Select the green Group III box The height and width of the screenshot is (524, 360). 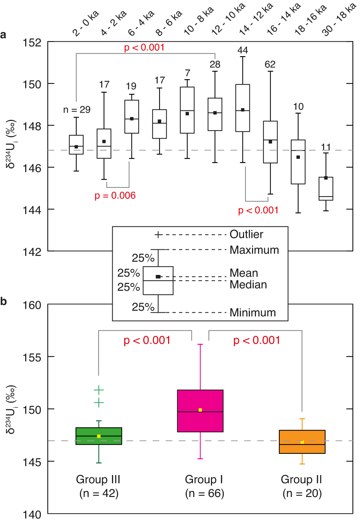(x=99, y=436)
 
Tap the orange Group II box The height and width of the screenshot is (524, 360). (x=302, y=442)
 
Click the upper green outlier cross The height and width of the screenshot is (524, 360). (x=99, y=390)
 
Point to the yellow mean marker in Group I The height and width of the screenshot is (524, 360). (x=200, y=410)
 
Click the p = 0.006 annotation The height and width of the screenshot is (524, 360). (x=115, y=195)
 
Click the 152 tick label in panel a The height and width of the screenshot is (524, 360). (x=32, y=43)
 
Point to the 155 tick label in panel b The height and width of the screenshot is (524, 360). (x=32, y=357)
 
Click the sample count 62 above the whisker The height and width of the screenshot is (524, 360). (x=270, y=64)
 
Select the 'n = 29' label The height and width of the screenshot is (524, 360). (x=77, y=110)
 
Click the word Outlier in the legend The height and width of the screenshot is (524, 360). (x=246, y=234)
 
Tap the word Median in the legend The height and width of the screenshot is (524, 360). (x=248, y=285)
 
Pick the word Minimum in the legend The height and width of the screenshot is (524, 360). (x=253, y=312)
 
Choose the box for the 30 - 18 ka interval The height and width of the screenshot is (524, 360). (x=326, y=189)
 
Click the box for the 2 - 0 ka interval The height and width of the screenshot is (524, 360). (x=76, y=145)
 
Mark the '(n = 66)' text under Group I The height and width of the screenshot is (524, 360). (x=204, y=493)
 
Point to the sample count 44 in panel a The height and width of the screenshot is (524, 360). (x=243, y=50)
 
